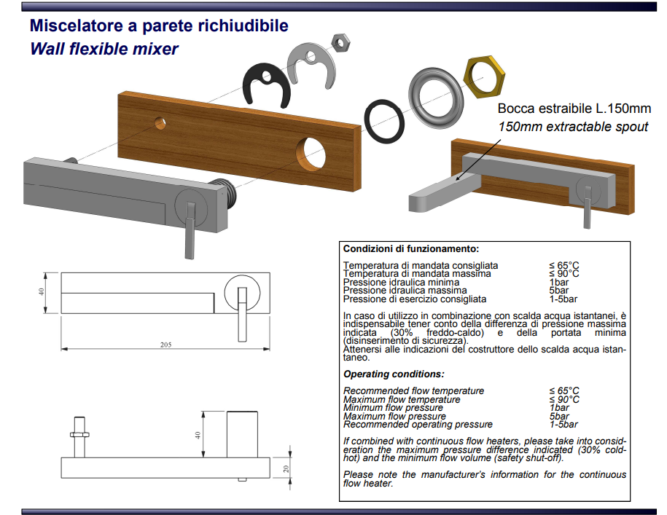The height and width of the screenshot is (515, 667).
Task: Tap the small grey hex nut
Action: [340, 42]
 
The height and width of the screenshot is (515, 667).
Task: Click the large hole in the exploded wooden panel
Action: [311, 154]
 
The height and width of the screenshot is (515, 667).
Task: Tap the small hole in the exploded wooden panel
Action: [160, 123]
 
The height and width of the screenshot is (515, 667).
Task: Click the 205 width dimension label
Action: [166, 345]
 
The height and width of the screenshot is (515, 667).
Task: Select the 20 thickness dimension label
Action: [286, 468]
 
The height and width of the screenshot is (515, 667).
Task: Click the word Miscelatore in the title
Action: [77, 25]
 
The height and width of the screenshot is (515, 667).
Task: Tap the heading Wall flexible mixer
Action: [104, 49]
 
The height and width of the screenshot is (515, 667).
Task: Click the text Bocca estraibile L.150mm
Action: [574, 109]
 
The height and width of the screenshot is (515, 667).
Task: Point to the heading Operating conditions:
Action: [394, 374]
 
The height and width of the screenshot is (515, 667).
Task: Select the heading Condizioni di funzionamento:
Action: [411, 248]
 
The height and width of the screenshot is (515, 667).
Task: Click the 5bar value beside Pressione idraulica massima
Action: [558, 290]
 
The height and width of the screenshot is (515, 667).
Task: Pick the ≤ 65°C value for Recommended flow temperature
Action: [564, 390]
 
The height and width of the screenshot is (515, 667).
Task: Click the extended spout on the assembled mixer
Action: [445, 192]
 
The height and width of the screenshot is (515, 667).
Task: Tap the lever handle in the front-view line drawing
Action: [242, 315]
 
